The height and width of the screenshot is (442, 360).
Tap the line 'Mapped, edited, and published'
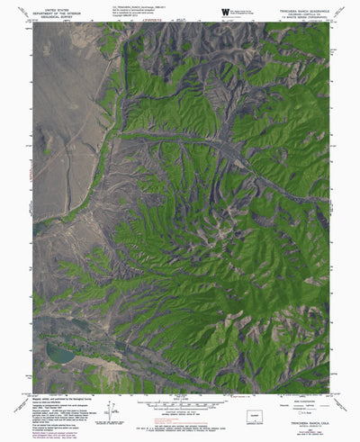point(59,398)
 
